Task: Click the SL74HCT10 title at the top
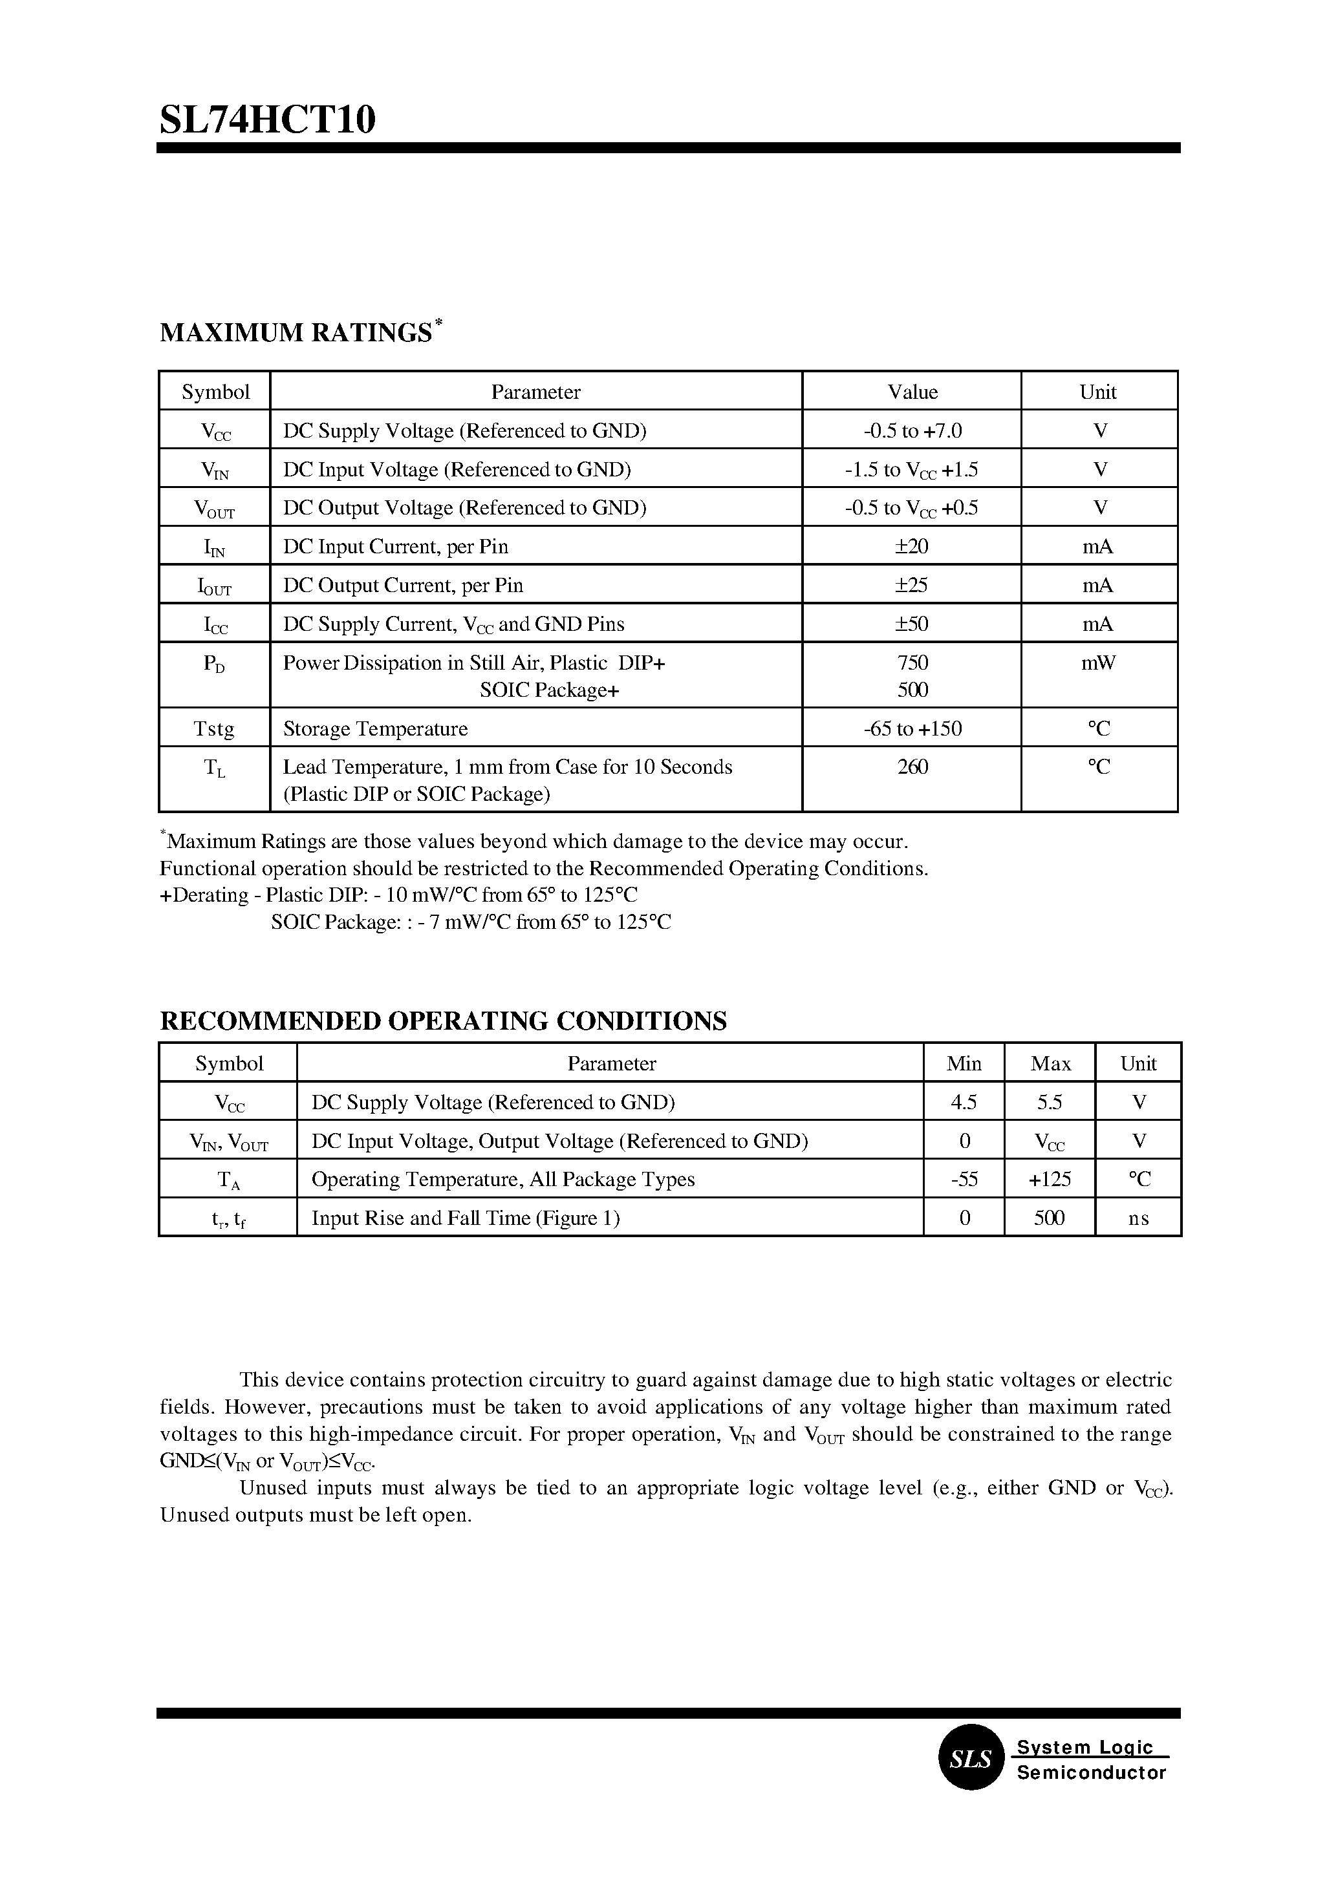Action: point(268,120)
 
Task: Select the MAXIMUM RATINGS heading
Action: point(296,333)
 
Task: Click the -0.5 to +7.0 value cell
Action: point(912,430)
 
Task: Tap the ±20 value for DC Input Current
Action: point(912,547)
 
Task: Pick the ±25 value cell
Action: point(912,586)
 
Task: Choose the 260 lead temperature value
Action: point(912,767)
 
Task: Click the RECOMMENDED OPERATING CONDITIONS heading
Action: point(443,1021)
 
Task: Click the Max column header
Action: point(1050,1064)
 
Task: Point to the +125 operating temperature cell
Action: point(1050,1179)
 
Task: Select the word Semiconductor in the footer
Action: point(1092,1773)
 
